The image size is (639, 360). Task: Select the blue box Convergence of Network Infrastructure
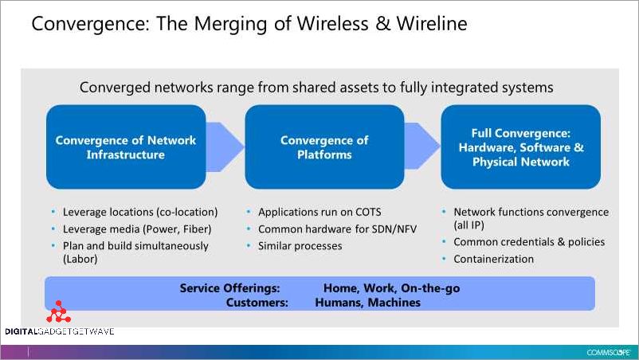126,147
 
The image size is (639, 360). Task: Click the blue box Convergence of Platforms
324,147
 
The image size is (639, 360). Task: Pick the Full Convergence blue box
520,147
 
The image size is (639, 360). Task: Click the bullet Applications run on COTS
320,213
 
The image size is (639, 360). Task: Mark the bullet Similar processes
300,246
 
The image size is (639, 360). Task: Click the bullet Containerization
493,259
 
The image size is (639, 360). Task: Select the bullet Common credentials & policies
529,242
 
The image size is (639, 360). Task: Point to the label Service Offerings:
229,288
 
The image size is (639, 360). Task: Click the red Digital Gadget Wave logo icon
58,313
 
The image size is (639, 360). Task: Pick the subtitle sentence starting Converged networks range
316,87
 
